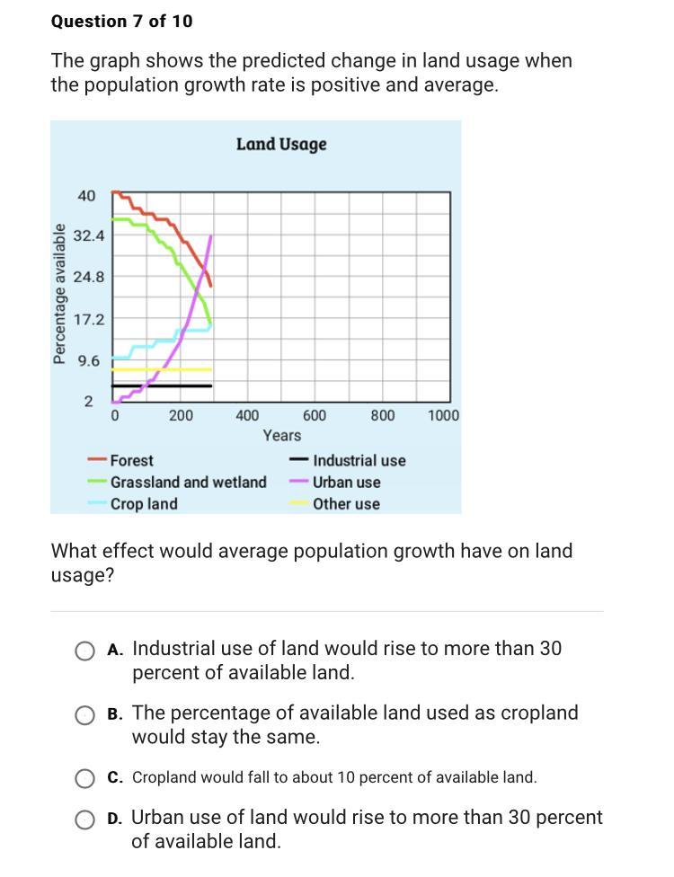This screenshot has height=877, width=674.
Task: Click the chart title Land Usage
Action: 281,145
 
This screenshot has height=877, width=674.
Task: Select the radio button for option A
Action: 84,651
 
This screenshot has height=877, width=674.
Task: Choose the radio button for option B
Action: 84,715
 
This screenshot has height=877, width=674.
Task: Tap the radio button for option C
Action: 84,778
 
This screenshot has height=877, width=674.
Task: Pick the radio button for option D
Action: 84,819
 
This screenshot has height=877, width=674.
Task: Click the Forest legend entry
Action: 131,460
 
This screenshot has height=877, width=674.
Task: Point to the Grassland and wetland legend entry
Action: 188,483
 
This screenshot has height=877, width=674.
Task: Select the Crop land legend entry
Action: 144,504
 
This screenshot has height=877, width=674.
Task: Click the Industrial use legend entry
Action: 359,461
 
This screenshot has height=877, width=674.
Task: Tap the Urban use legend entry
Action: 346,483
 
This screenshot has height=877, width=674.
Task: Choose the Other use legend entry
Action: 346,504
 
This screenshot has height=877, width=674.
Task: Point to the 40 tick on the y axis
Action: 86,196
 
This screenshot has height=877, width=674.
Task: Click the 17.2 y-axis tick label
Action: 89,319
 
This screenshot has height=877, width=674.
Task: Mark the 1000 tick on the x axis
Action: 443,415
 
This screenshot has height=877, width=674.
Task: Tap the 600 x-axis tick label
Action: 315,415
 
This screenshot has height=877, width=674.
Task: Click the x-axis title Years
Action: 282,436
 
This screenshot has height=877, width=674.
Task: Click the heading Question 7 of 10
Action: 121,21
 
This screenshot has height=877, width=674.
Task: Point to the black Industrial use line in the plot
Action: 162,385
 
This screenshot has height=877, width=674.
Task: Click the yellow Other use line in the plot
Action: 162,369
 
